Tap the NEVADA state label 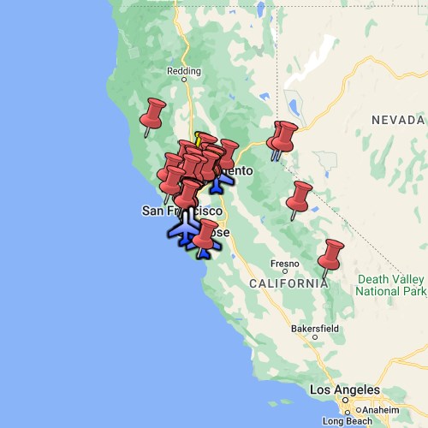click(x=397, y=121)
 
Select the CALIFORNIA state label click(x=288, y=282)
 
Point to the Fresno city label click(x=284, y=263)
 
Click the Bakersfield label click(x=314, y=328)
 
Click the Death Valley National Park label click(x=391, y=285)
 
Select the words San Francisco click(x=182, y=211)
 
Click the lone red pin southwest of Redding click(x=153, y=115)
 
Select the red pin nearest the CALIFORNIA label click(x=330, y=255)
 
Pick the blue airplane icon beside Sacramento click(x=217, y=181)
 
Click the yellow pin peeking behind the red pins click(x=199, y=138)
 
